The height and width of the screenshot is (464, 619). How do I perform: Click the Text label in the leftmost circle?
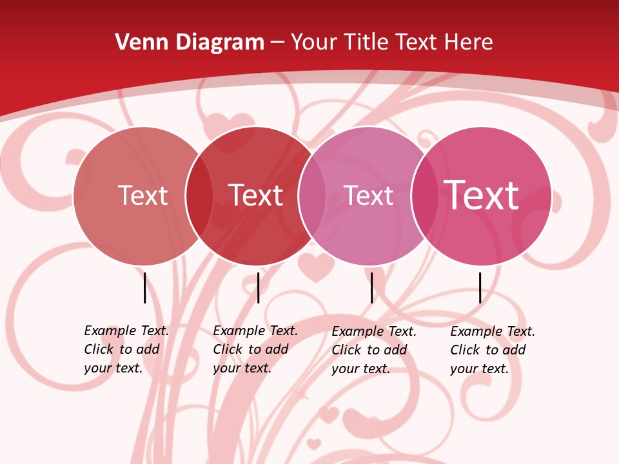point(142,195)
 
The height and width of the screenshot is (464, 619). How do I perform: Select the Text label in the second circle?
point(255,195)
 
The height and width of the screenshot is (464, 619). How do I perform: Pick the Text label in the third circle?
point(368,195)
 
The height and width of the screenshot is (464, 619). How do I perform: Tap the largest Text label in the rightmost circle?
point(482,195)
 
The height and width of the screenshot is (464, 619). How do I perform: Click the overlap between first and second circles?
point(199,196)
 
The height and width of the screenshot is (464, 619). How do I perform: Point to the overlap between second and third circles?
point(311,196)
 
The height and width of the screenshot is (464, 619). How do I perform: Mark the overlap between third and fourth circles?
point(424,196)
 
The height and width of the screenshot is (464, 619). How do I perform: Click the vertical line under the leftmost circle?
point(144,287)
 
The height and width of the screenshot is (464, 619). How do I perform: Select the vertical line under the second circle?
point(258,287)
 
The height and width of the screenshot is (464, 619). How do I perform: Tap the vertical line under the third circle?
point(371,287)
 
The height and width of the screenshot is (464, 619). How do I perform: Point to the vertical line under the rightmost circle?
point(480,287)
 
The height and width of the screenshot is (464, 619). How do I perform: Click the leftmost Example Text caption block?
point(126,349)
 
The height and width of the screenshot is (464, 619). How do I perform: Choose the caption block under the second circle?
point(255,349)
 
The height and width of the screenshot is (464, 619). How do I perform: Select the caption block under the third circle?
point(373,350)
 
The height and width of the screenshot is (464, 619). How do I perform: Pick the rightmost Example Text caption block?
point(492,350)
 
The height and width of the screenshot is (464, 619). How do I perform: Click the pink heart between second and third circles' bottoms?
point(314,264)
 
